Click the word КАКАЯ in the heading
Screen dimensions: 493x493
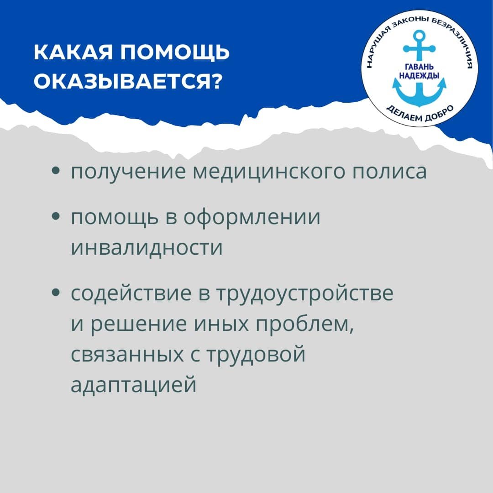click(73, 52)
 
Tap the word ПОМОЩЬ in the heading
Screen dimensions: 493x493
click(175, 53)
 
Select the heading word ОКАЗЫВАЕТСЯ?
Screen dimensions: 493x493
click(128, 82)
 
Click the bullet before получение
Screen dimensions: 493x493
click(56, 171)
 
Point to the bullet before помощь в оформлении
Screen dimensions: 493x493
click(56, 216)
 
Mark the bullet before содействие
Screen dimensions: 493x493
click(56, 293)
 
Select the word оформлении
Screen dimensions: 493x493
click(252, 218)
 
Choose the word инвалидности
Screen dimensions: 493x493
click(147, 247)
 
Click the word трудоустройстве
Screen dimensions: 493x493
click(305, 294)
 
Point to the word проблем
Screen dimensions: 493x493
click(304, 324)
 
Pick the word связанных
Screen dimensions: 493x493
click(127, 354)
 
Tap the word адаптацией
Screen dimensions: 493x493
click(134, 385)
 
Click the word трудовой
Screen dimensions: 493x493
click(256, 354)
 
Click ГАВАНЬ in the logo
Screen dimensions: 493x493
click(419, 67)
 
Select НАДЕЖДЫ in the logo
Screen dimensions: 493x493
click(419, 76)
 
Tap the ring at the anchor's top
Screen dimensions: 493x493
click(419, 35)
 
